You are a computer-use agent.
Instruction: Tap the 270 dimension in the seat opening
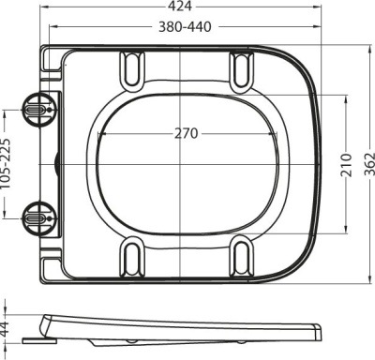coord(186,133)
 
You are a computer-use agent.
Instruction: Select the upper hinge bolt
coord(35,110)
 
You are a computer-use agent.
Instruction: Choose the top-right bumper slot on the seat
coord(241,70)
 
